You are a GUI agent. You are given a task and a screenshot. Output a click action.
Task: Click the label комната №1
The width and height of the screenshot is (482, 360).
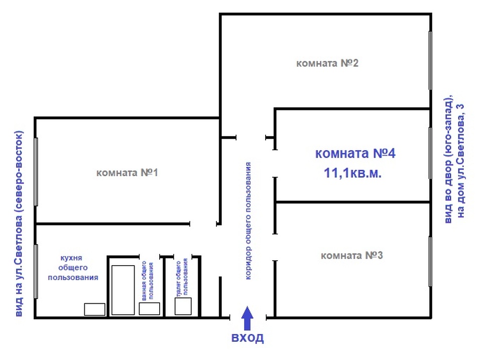click(127, 173)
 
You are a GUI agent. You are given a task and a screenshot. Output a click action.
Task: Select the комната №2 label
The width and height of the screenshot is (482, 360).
click(327, 63)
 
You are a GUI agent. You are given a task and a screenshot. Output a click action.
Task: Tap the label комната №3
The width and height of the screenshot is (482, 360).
click(351, 256)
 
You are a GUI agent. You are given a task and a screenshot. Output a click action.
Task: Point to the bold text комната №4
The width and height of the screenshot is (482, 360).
click(355, 153)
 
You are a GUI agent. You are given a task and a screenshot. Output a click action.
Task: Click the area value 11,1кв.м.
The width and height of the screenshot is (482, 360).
click(352, 173)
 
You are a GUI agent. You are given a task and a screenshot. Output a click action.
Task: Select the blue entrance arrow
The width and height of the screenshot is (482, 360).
click(248, 318)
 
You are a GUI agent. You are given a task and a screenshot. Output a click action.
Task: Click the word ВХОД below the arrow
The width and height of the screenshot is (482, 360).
click(248, 338)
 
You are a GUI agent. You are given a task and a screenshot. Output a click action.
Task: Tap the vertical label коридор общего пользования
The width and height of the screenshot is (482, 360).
click(248, 221)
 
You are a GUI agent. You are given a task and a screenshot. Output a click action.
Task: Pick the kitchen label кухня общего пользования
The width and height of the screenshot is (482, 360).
click(73, 268)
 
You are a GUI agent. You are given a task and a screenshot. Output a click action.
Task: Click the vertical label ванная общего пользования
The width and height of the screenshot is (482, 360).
click(147, 281)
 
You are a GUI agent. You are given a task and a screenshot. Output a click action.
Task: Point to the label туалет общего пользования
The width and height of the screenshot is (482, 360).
click(181, 278)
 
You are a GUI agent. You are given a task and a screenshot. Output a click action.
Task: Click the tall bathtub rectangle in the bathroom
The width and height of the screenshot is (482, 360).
click(123, 290)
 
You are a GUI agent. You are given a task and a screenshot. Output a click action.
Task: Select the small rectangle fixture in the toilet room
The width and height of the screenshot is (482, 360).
click(183, 306)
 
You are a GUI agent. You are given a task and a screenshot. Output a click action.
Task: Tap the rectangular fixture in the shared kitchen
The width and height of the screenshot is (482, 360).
click(95, 309)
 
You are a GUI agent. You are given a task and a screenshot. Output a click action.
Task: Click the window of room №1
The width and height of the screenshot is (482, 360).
click(36, 172)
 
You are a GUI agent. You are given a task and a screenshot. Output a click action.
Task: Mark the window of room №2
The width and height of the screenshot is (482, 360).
click(430, 61)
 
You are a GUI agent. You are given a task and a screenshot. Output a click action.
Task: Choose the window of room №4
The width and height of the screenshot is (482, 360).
click(430, 153)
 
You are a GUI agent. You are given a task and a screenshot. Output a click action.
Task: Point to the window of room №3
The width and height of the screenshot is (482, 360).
click(430, 262)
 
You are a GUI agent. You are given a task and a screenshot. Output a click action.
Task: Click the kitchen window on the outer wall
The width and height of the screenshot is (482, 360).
click(36, 272)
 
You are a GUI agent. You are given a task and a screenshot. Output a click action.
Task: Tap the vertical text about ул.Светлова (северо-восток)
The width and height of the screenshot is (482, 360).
click(19, 224)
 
